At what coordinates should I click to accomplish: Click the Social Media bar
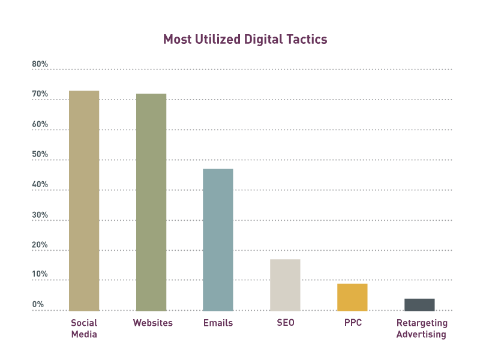click(84, 200)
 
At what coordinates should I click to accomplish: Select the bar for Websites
click(151, 202)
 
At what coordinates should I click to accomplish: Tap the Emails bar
click(218, 239)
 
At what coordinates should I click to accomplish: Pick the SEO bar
click(285, 285)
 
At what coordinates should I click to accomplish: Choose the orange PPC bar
click(352, 297)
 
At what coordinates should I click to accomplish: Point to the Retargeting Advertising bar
click(419, 305)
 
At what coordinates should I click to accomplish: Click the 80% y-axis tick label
click(40, 64)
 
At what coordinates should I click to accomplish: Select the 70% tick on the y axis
click(40, 94)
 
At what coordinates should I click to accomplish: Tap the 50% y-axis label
click(40, 154)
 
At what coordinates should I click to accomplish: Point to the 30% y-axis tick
click(40, 215)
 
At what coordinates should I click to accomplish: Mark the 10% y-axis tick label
click(40, 274)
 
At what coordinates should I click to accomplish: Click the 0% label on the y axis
click(38, 304)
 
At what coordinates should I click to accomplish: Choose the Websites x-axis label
click(152, 323)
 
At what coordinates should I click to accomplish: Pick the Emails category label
click(218, 323)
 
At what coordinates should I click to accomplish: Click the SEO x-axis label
click(285, 323)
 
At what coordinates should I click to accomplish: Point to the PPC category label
click(353, 323)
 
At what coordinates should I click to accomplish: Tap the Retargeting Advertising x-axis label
click(421, 329)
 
